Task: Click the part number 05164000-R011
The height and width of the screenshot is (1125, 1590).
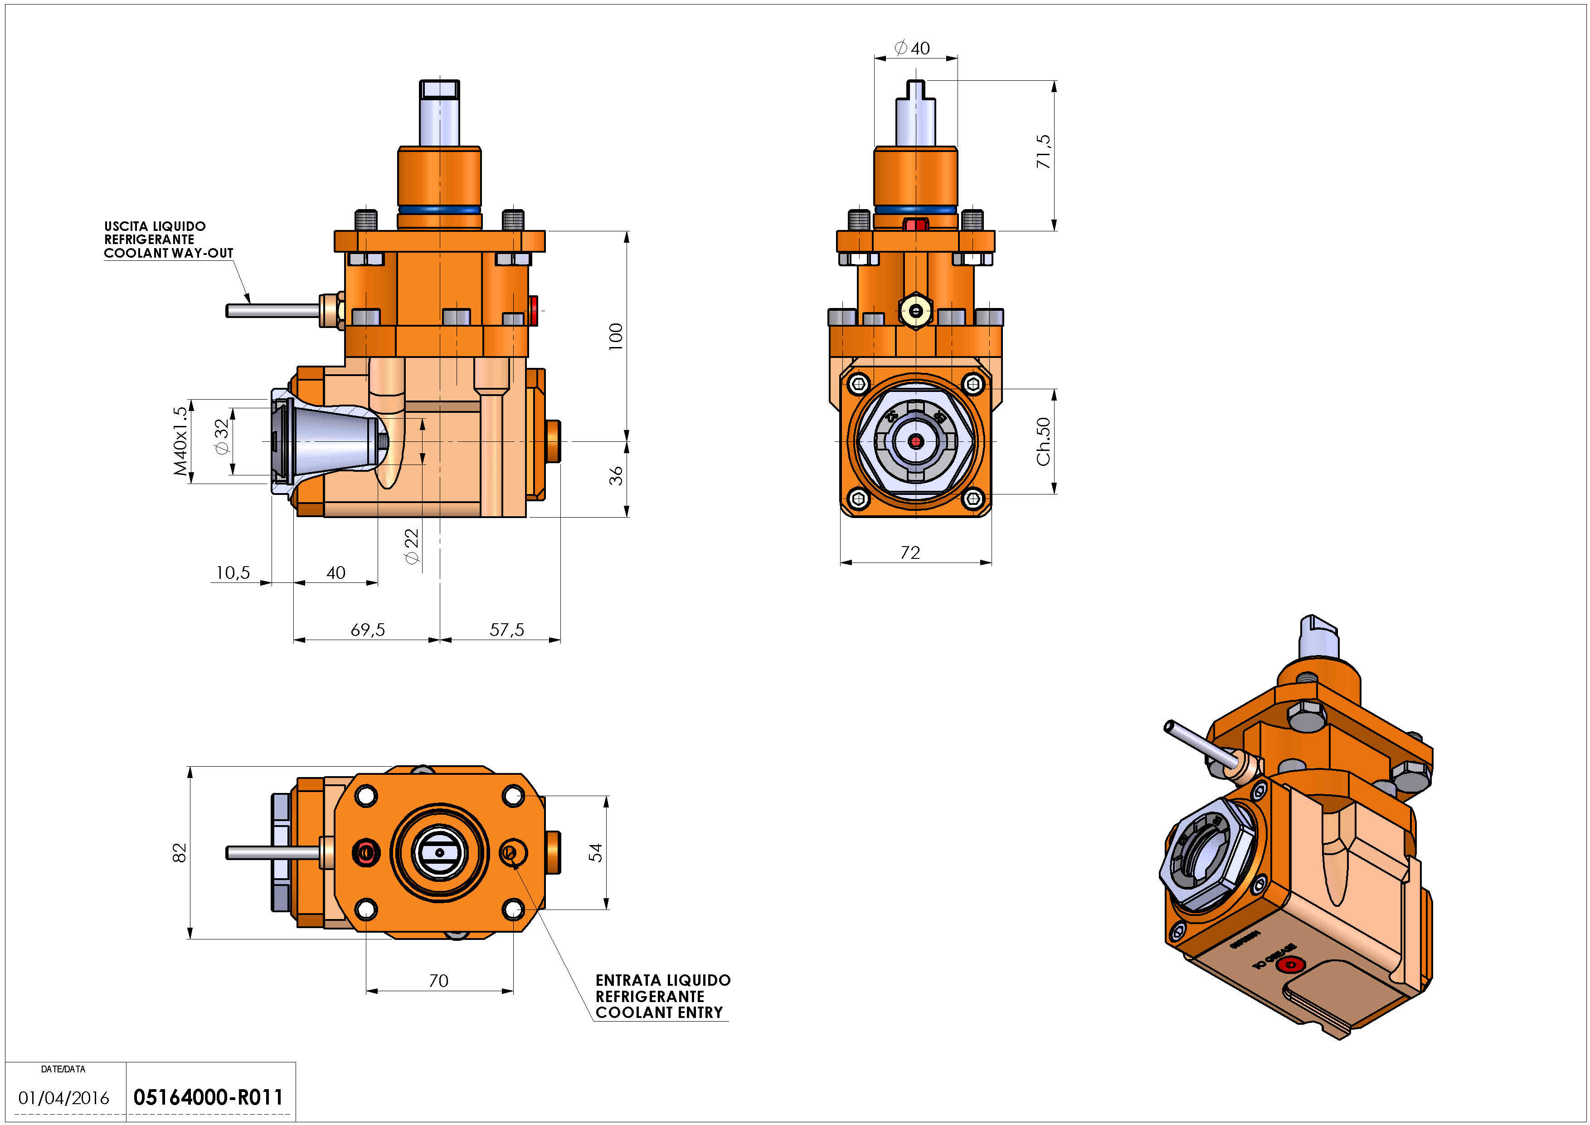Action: [208, 1097]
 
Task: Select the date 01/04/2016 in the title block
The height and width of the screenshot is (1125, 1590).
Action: [64, 1098]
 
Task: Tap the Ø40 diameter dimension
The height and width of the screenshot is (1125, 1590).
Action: [912, 48]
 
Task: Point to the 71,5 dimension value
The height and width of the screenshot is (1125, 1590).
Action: [1043, 151]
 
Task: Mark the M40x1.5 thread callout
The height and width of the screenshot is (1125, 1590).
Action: [180, 441]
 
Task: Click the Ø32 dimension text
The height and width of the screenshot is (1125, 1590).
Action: [222, 437]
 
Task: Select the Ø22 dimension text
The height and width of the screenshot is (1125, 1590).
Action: [412, 547]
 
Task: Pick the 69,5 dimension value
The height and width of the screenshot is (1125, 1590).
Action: [368, 630]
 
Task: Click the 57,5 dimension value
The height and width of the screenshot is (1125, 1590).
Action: [506, 630]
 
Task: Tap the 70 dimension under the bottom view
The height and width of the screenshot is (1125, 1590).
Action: [438, 981]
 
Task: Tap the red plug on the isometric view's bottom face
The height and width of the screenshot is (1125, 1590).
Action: [1289, 965]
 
